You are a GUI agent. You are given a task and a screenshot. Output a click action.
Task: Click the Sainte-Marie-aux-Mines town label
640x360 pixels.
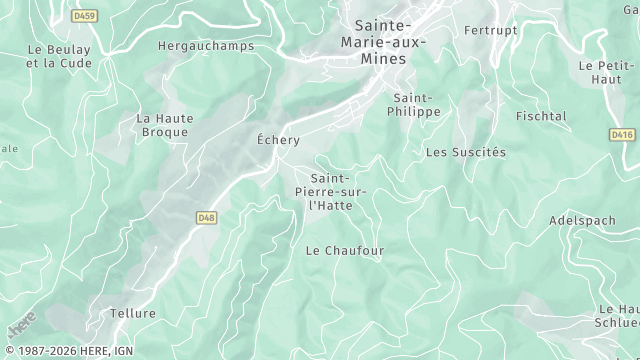click(383, 42)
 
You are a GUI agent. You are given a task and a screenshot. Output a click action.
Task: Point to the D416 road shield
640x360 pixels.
click(622, 133)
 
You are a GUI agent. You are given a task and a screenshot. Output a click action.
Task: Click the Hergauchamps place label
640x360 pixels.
click(196, 45)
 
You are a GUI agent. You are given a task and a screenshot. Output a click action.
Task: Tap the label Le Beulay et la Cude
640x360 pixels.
click(59, 55)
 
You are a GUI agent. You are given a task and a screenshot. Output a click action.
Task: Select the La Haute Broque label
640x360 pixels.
click(164, 125)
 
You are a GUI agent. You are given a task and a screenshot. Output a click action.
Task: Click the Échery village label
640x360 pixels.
click(278, 140)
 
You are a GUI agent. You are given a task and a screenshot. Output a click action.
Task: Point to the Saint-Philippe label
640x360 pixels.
click(414, 105)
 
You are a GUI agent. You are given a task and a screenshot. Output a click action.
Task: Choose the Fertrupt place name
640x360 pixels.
click(492, 30)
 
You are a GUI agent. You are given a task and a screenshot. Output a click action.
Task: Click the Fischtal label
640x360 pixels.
click(541, 116)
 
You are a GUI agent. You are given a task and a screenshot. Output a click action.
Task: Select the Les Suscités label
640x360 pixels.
click(466, 152)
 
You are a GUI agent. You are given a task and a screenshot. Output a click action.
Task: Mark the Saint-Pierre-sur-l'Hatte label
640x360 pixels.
click(331, 191)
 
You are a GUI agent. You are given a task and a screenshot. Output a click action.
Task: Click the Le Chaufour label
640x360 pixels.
click(344, 250)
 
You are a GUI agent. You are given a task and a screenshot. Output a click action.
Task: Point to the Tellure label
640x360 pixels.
click(133, 313)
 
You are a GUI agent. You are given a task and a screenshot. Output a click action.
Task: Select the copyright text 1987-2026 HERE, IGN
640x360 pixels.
click(67, 351)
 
